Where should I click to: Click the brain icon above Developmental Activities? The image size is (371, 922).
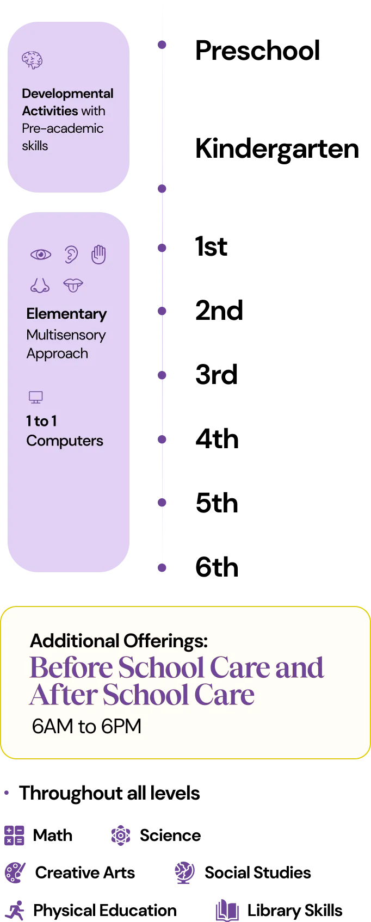[32, 60]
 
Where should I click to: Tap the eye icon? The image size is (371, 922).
[41, 255]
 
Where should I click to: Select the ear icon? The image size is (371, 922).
[71, 255]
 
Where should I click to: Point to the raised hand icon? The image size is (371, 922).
[98, 254]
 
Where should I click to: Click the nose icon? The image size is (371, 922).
[40, 285]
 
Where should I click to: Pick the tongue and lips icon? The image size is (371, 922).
[73, 284]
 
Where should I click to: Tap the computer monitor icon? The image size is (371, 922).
[35, 398]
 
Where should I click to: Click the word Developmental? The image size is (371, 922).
[67, 94]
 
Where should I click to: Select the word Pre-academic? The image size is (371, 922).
[63, 128]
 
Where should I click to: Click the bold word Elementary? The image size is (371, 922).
[66, 314]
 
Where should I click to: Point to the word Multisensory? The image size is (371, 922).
[66, 335]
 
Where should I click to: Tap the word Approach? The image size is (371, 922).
[57, 354]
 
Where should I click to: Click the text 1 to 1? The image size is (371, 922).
[41, 421]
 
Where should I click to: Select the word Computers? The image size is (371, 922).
[65, 441]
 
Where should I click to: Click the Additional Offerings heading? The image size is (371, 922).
[119, 641]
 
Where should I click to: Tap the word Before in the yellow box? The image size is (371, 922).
[71, 667]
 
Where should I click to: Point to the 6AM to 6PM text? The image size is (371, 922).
[86, 726]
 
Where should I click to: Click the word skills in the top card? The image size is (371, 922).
[35, 146]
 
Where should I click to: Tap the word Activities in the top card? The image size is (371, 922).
[50, 111]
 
